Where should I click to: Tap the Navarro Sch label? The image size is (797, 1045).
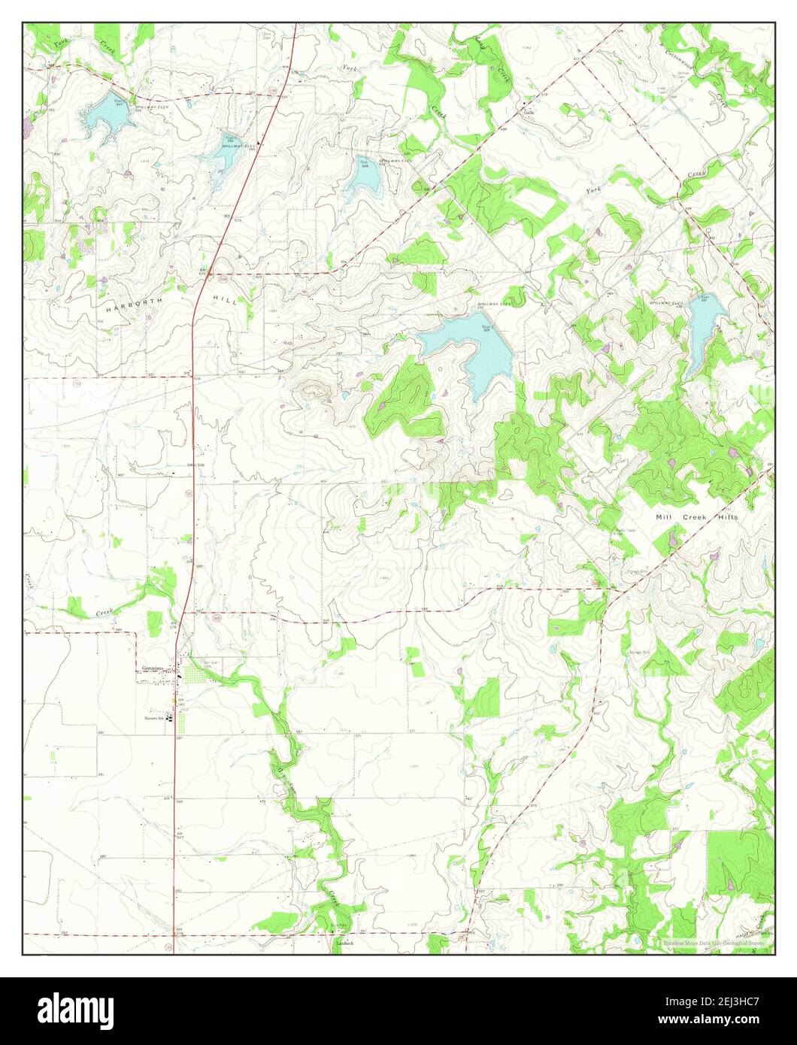click(x=155, y=718)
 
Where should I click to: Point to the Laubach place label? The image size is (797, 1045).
click(x=344, y=942)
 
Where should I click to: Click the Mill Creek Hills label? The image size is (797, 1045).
click(x=696, y=517)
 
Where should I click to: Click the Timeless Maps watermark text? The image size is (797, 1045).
click(x=713, y=943)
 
